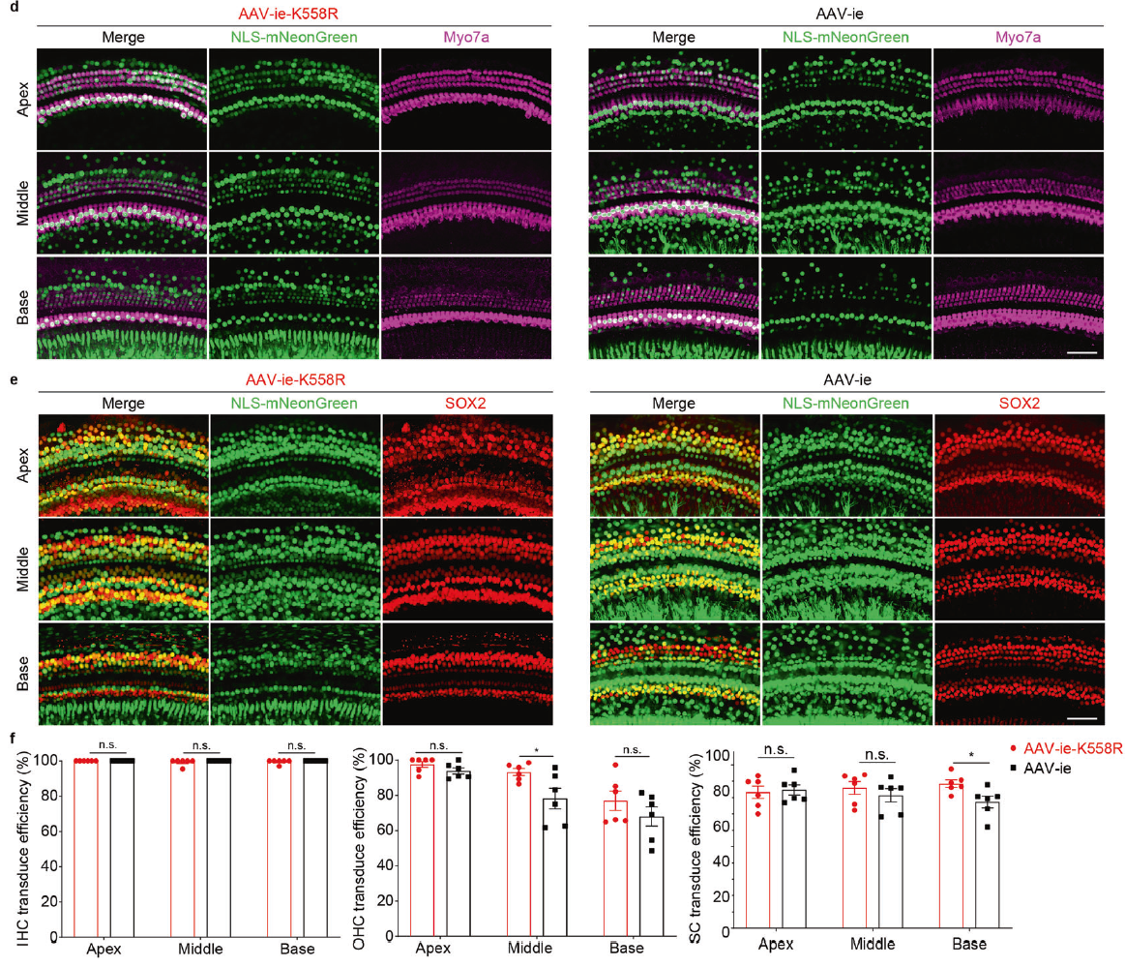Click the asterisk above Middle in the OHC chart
535,750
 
